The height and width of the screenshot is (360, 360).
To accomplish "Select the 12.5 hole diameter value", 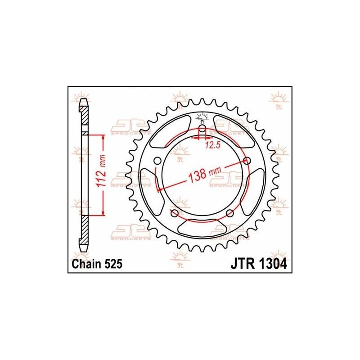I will point(213,144).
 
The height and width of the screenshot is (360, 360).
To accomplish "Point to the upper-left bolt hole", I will point(157,161).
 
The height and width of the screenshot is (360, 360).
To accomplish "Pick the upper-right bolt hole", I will point(247,161).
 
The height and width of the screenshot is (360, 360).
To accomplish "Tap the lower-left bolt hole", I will point(175,213).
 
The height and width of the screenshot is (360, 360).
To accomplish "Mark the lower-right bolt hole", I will point(229,213).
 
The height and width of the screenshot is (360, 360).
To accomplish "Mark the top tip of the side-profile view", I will point(84,99).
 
